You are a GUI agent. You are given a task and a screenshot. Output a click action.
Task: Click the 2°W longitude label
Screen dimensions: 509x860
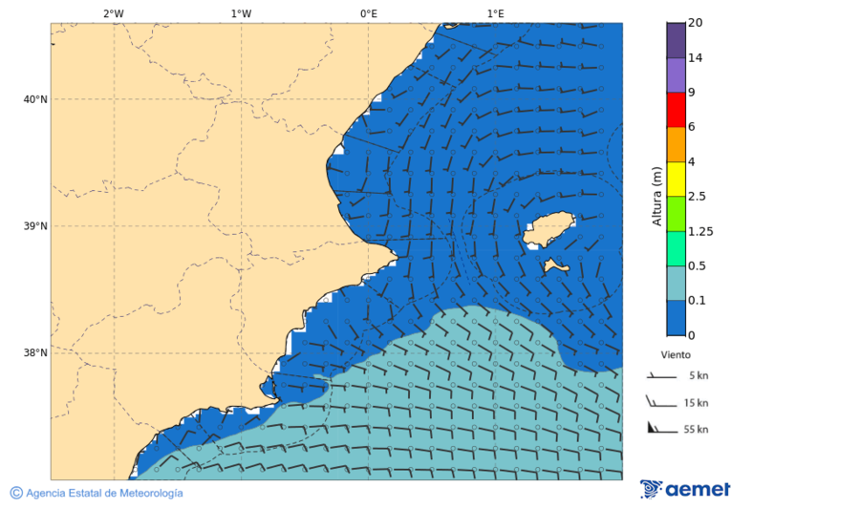coord(113,13)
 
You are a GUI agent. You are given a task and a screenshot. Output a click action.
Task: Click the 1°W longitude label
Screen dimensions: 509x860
coord(241,13)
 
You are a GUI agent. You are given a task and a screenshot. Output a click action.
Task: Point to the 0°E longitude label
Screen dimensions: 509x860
coord(368,13)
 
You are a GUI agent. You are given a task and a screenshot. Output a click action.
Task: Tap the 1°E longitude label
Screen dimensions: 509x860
coord(495,13)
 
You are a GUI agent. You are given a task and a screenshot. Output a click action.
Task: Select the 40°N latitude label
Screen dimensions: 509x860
coord(35,99)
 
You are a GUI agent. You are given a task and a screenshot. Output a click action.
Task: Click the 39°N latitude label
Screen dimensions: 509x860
coord(35,226)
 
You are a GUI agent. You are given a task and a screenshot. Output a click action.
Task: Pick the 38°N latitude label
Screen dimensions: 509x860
coord(35,353)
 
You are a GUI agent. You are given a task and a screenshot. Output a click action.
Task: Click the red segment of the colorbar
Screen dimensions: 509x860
coord(677,110)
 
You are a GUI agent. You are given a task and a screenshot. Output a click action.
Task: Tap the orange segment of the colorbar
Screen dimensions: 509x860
coord(677,144)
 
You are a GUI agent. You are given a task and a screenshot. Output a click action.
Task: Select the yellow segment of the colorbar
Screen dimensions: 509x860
coord(677,179)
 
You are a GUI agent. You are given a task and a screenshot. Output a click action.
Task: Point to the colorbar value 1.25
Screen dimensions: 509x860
coord(700,231)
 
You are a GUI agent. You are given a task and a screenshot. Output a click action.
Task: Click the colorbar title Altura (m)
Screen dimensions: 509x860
coord(656,196)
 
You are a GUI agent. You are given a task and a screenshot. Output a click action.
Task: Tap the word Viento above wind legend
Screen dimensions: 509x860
coord(676,354)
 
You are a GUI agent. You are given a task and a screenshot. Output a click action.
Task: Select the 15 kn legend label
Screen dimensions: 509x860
coord(696,403)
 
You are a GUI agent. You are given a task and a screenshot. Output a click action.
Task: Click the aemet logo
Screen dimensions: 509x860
coord(685,489)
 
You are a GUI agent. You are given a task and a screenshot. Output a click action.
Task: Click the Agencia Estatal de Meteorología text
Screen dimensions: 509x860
coord(103,494)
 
